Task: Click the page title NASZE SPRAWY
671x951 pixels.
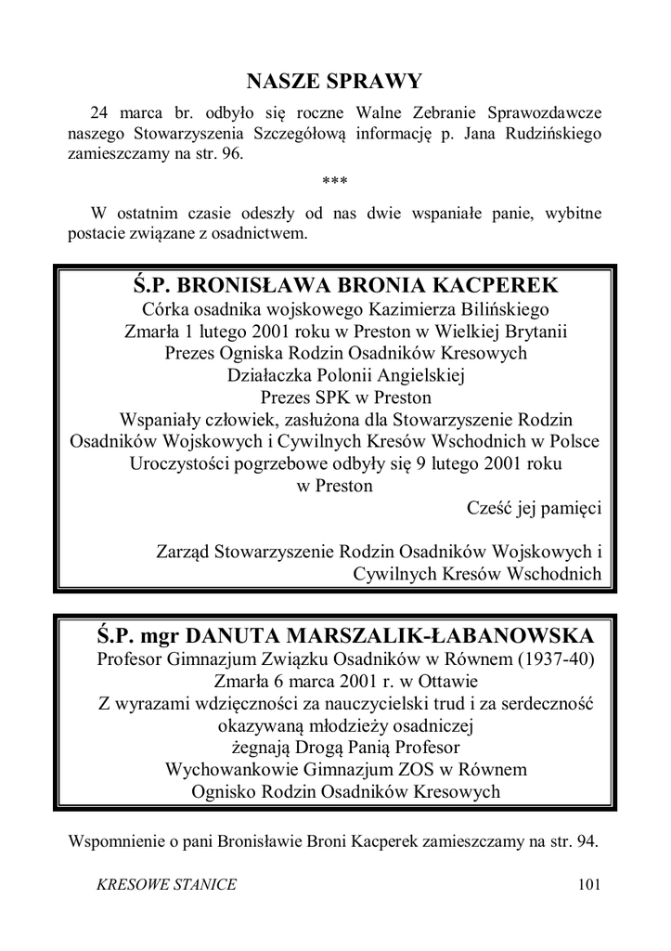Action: (x=335, y=81)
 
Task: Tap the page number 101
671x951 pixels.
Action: (x=588, y=884)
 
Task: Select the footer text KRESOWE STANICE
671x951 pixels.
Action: (x=166, y=884)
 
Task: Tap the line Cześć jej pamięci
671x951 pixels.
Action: (x=534, y=508)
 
